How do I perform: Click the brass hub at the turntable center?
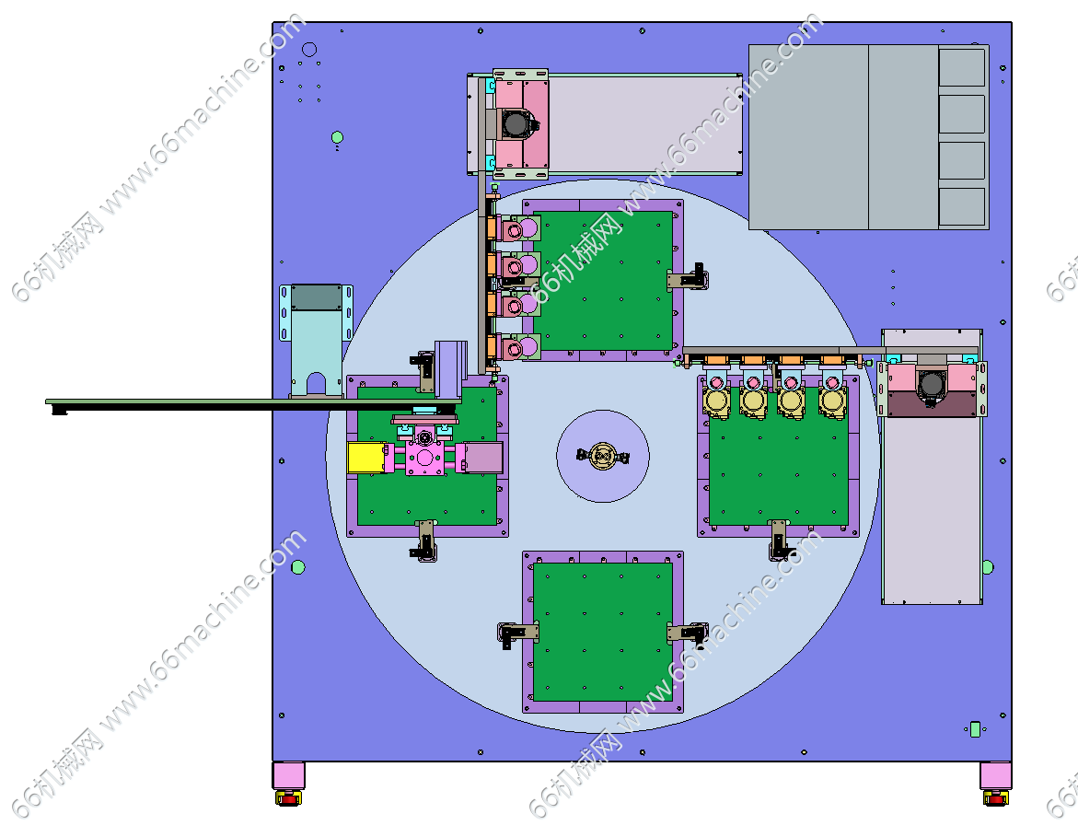[603, 456]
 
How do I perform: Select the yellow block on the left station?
[365, 458]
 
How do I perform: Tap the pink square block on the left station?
[424, 458]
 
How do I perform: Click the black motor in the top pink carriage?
[516, 124]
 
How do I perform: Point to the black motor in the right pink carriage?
[932, 385]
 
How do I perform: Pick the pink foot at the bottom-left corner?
[289, 776]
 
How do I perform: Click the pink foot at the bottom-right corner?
[995, 776]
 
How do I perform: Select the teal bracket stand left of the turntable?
[317, 341]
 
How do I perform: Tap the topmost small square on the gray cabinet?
[962, 66]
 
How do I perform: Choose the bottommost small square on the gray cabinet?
[962, 206]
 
